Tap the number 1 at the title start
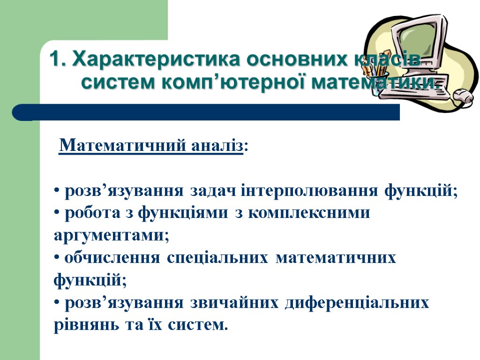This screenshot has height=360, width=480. pyautogui.click(x=55, y=60)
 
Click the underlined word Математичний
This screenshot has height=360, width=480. pyautogui.click(x=124, y=146)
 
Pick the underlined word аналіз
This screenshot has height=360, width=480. pyautogui.click(x=217, y=146)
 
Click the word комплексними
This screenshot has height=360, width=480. pyautogui.click(x=309, y=213)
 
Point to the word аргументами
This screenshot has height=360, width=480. pyautogui.click(x=111, y=236)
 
